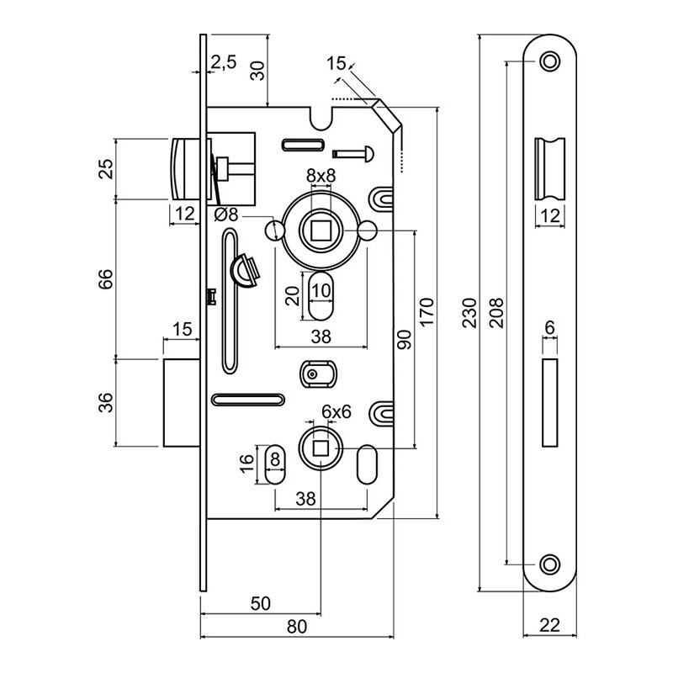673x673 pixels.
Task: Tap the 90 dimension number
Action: point(405,338)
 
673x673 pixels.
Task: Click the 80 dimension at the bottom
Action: point(296,627)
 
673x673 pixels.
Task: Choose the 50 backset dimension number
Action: point(260,602)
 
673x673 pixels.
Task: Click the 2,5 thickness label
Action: point(223,61)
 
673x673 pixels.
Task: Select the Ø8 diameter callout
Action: point(226,215)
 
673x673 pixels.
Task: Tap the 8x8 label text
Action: point(321,175)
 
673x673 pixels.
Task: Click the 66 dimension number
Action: point(105,279)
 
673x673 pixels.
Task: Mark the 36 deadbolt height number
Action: point(105,403)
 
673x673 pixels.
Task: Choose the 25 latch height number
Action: point(105,169)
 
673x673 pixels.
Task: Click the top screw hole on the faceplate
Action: point(549,61)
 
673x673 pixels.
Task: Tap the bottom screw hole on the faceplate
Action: point(549,563)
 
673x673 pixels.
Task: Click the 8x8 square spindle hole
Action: point(320,228)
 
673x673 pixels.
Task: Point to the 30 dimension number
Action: point(258,71)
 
